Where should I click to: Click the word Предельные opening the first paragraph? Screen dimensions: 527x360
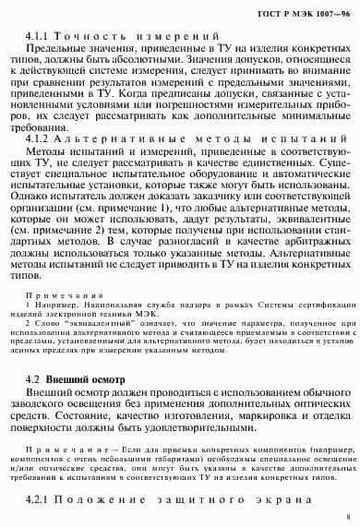[58, 49]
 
